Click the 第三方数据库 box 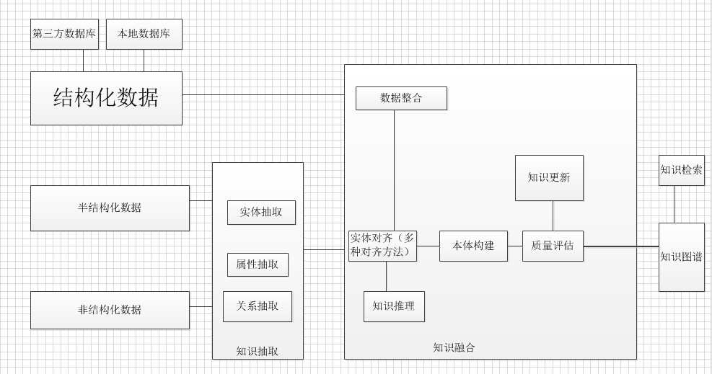click(64, 34)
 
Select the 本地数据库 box click(144, 34)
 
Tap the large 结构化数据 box click(106, 98)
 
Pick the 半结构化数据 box click(110, 208)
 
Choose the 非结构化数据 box click(110, 310)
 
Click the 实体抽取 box click(261, 213)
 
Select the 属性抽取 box click(258, 264)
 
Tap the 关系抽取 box click(258, 306)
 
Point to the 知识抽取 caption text click(258, 352)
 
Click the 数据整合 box click(401, 98)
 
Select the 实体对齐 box click(382, 246)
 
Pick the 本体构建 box click(473, 246)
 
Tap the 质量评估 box click(553, 246)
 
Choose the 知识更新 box click(549, 177)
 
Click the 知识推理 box click(394, 306)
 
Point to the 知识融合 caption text click(454, 347)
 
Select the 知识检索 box click(681, 170)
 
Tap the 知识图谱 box click(681, 257)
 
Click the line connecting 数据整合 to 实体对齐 click(394, 170)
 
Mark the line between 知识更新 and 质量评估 click(553, 215)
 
